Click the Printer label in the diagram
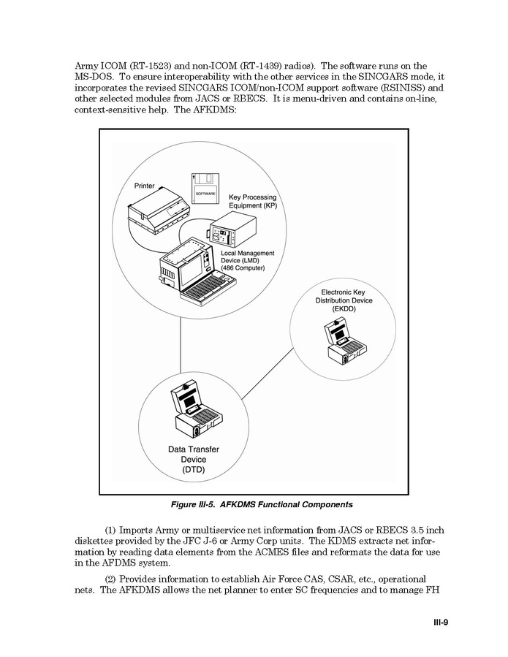tap(144, 186)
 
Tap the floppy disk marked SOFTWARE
tap(205, 189)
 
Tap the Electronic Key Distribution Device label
tap(343, 300)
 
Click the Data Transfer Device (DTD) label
tap(194, 460)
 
